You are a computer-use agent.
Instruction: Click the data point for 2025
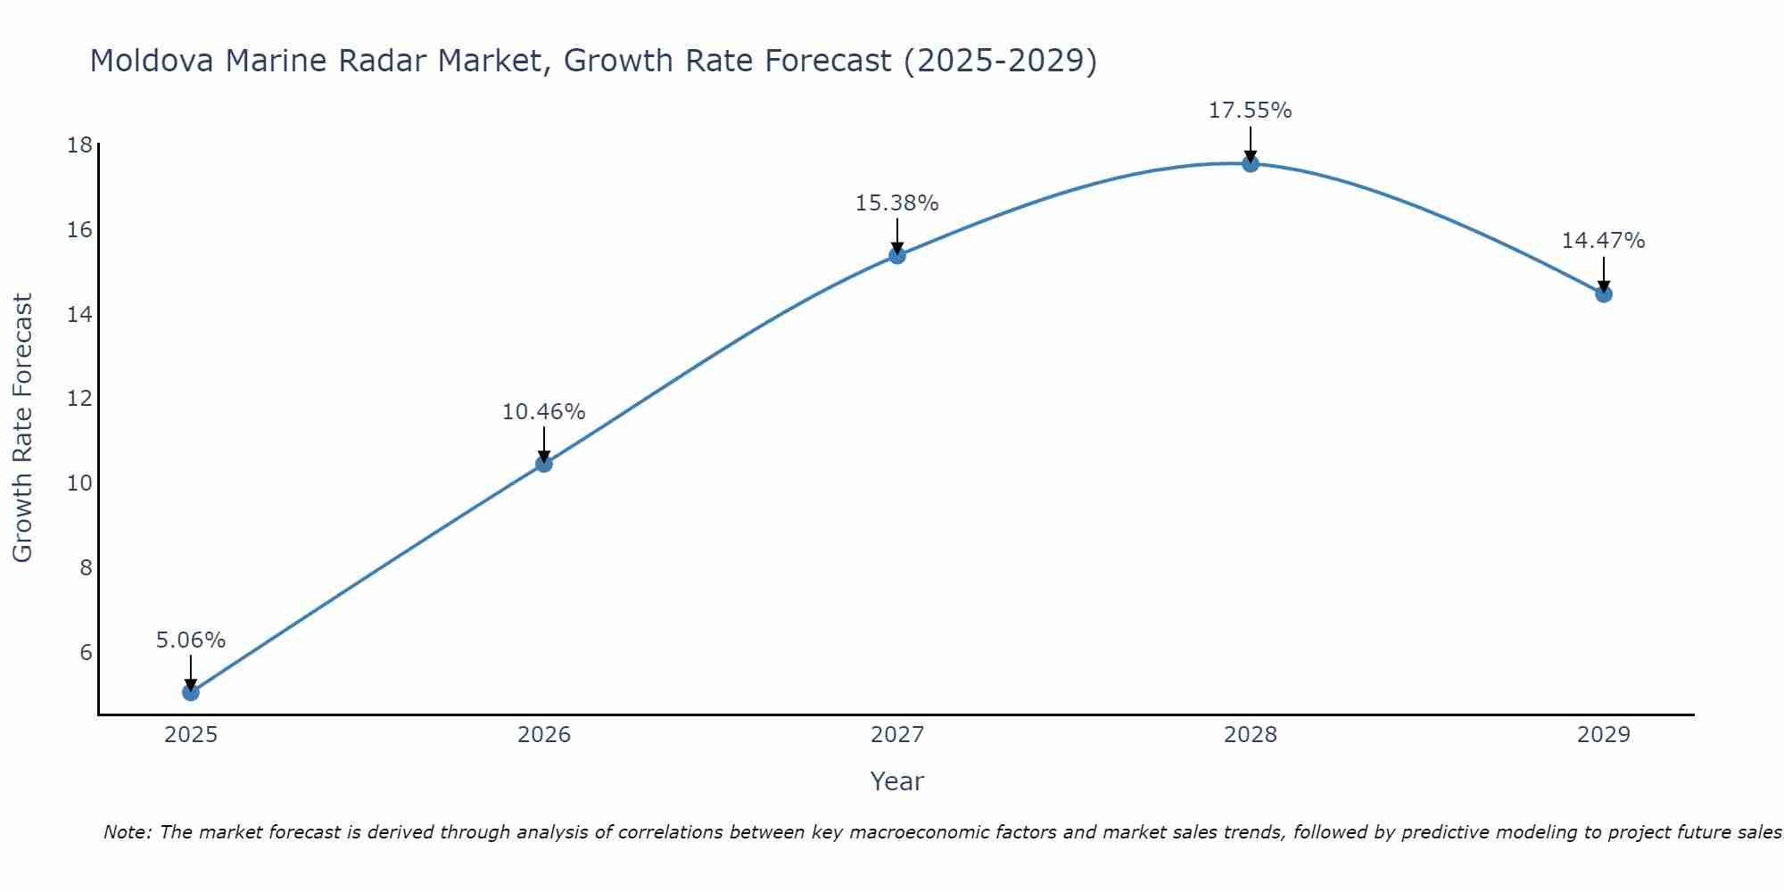[190, 691]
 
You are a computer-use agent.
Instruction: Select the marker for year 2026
[543, 463]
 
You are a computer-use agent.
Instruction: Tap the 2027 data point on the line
[896, 255]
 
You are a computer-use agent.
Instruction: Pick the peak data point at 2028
[1250, 163]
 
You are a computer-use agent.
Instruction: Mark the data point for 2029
[1603, 293]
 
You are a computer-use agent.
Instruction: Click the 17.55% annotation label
[1250, 111]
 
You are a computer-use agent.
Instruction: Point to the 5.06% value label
[190, 640]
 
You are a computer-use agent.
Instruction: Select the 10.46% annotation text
[543, 412]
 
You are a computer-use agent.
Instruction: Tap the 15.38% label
[896, 203]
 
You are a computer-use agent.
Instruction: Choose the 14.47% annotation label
[1603, 241]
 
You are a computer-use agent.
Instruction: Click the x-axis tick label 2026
[543, 735]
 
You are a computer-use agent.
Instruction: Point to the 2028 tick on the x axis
[1250, 735]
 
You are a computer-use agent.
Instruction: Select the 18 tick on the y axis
[79, 145]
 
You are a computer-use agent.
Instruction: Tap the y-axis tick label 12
[79, 399]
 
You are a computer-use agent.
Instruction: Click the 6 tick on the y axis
[86, 652]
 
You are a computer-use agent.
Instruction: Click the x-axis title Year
[896, 781]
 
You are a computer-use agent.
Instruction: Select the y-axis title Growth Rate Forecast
[23, 428]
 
